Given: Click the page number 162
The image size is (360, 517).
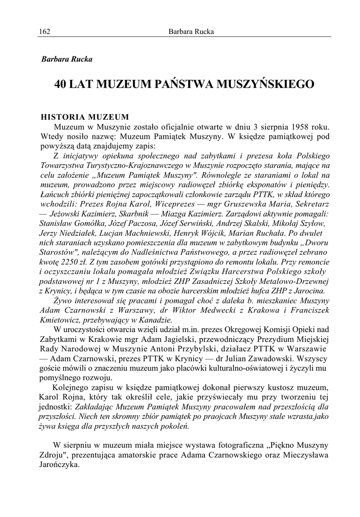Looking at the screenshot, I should pos(44,32).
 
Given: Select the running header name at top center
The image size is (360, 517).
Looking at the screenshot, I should pos(191,32).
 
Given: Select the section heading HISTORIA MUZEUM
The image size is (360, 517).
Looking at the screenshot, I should pos(85,116).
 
